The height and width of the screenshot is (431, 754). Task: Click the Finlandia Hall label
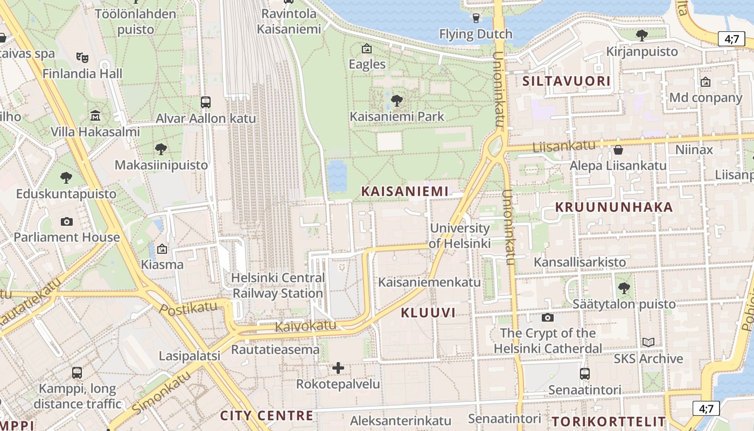[82, 73]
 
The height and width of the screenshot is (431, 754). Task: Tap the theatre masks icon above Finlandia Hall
[82, 57]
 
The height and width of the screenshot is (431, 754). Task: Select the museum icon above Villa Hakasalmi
[95, 115]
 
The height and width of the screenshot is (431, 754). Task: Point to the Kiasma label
[162, 265]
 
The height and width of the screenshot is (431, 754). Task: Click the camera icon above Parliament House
[67, 221]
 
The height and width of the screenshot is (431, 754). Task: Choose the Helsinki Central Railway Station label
[278, 286]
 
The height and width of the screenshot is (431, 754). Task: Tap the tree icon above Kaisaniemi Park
[397, 100]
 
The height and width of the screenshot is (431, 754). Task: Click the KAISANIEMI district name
[404, 191]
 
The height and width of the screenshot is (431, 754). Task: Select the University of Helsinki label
[459, 236]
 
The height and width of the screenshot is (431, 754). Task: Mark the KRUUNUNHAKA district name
[614, 207]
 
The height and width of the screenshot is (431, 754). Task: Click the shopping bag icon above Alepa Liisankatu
[618, 149]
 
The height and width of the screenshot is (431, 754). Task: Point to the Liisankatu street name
[564, 145]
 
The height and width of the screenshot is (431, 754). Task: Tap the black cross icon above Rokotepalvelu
[338, 368]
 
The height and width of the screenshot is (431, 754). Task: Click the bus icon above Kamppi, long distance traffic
[77, 372]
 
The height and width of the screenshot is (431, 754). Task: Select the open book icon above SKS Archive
[648, 342]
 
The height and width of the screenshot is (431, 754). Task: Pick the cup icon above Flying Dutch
[476, 18]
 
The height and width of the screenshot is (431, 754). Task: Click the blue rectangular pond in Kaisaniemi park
[337, 176]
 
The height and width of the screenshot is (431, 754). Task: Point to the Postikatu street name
[188, 308]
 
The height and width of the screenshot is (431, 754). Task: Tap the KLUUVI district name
[428, 312]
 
